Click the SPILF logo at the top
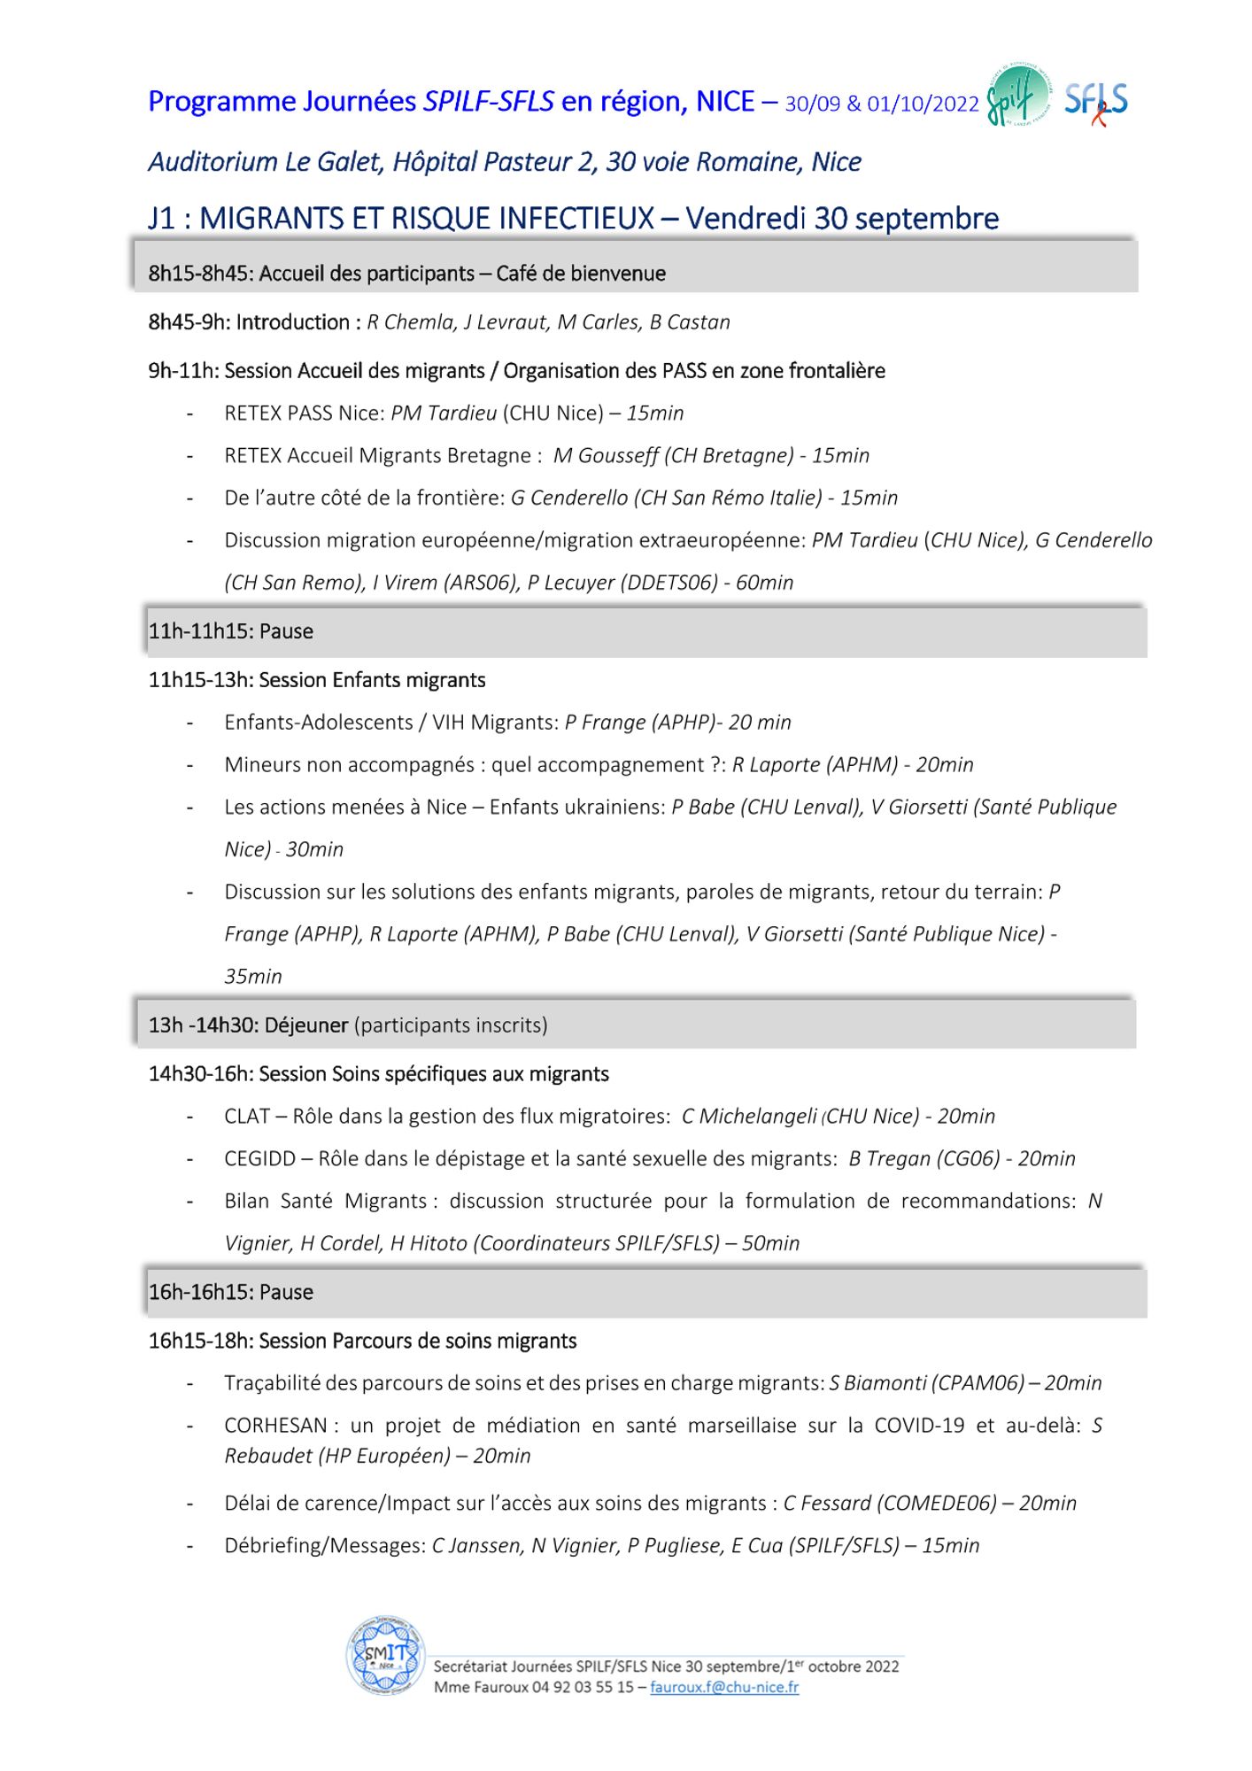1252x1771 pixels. coord(1018,97)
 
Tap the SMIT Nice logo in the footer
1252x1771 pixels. coord(386,1655)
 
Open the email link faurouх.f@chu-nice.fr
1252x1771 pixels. coord(723,1687)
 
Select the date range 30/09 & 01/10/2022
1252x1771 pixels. coord(881,104)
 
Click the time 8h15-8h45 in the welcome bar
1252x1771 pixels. coord(200,274)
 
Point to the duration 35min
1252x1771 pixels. coord(253,976)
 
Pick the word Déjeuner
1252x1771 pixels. coord(305,1025)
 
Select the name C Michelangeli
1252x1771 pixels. coord(748,1116)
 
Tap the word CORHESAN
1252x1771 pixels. coord(275,1425)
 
